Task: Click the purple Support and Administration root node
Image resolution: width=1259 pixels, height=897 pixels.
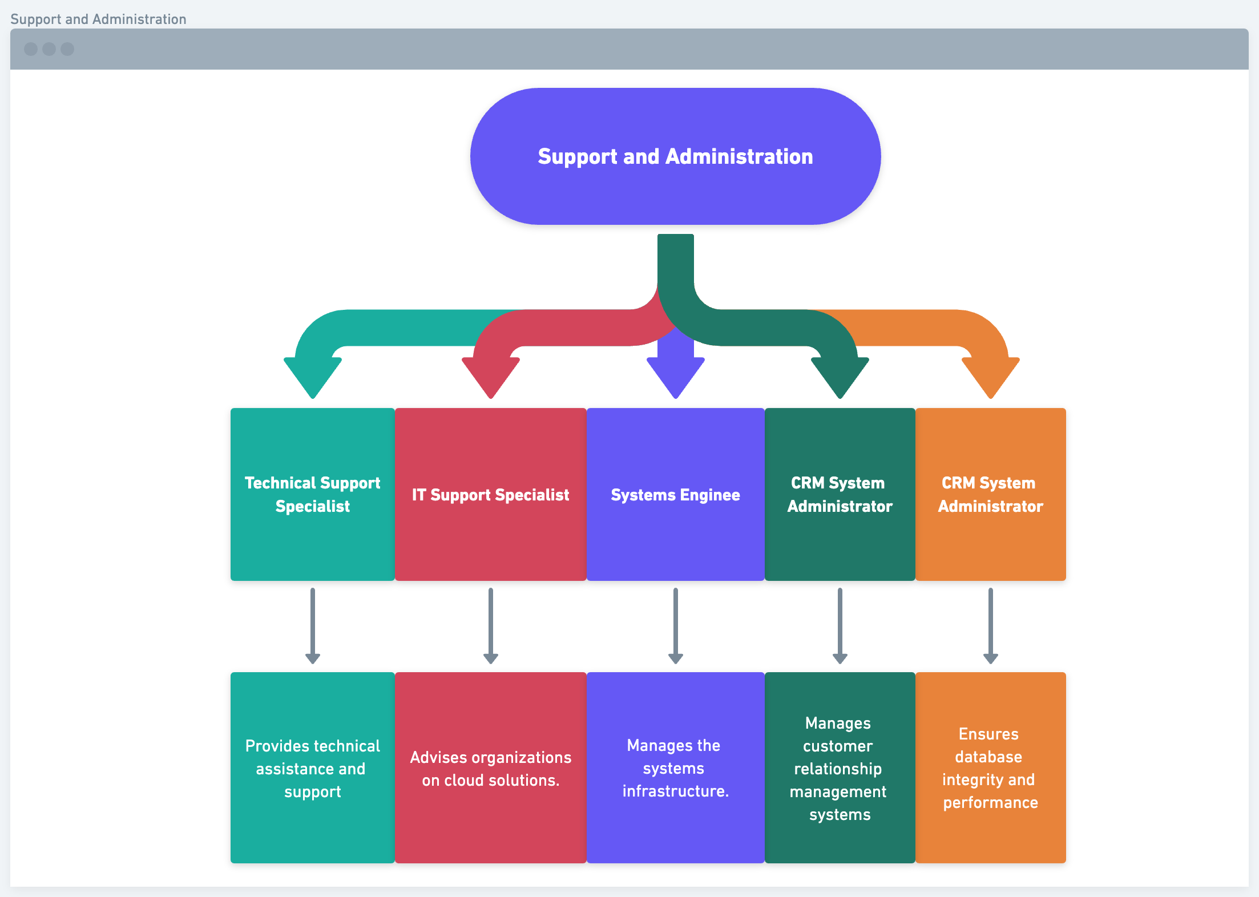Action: tap(675, 156)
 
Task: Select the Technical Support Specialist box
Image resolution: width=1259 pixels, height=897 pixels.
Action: tap(312, 494)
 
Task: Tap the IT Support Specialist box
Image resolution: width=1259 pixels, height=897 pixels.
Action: tap(490, 494)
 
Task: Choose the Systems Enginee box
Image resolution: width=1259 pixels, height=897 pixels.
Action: tap(675, 494)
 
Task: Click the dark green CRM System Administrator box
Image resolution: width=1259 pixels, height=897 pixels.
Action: tap(840, 494)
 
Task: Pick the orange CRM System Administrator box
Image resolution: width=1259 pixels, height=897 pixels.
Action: tap(990, 494)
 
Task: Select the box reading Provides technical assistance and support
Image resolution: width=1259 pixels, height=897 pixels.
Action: tap(312, 767)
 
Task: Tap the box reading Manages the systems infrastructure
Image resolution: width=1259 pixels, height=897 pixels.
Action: tap(675, 767)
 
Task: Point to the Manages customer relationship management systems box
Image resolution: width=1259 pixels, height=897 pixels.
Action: tap(840, 767)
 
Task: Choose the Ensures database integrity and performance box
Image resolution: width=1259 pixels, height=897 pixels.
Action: tap(990, 767)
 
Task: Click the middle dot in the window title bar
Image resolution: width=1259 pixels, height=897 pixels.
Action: tap(49, 49)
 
